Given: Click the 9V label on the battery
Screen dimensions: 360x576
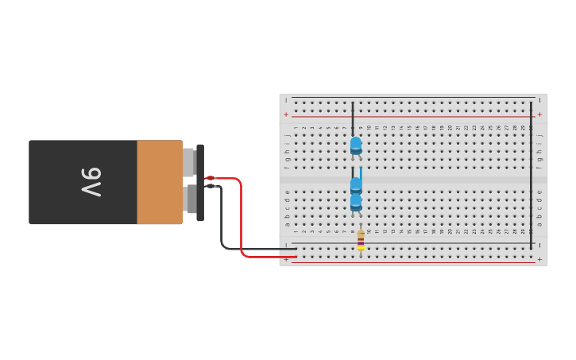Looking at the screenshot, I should click(91, 182).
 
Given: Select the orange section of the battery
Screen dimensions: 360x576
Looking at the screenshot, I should click(159, 182).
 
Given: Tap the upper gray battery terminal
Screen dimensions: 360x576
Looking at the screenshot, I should click(188, 162).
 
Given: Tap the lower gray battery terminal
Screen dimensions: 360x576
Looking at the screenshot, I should click(188, 199).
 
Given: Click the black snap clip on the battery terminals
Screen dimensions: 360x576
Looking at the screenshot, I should click(200, 182).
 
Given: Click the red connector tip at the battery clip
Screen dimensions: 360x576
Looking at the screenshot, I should click(210, 178).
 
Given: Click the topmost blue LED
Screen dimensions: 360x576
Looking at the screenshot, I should click(356, 145).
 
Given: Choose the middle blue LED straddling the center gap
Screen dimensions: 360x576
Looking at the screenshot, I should click(356, 185).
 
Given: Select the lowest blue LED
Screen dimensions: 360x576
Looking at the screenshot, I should click(356, 203).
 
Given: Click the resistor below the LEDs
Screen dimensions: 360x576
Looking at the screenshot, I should click(361, 239).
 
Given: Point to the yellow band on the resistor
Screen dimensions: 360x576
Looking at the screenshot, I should click(361, 247).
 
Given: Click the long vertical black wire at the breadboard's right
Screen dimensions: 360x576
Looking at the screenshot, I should click(532, 175).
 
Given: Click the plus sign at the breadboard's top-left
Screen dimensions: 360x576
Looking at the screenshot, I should click(286, 114).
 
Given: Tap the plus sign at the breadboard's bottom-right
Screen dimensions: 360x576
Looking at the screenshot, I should click(539, 259).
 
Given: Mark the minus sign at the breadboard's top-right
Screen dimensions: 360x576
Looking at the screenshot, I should click(539, 100).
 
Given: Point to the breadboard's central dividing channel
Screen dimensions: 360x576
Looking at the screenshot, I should click(413, 179).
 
